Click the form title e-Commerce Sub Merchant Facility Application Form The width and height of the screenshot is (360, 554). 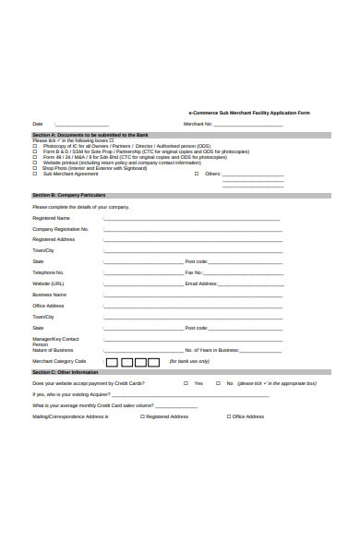(x=249, y=113)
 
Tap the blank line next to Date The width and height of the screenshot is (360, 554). (x=82, y=125)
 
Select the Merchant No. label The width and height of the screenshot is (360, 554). (x=198, y=124)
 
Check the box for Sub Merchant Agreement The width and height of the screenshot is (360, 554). (x=35, y=174)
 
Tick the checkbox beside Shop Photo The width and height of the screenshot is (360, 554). (x=35, y=168)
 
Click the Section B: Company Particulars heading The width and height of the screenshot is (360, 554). (x=69, y=196)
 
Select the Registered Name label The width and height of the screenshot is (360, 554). (x=50, y=218)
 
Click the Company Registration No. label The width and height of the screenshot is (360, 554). (x=60, y=229)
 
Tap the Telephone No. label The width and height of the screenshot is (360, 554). (x=48, y=272)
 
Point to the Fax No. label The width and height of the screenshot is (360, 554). (x=194, y=272)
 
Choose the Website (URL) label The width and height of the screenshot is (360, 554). (x=49, y=283)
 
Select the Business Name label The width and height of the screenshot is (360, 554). (x=49, y=295)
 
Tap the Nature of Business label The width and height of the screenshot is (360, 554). (x=53, y=350)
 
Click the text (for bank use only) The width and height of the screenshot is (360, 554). (x=189, y=361)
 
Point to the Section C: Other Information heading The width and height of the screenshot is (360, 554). (x=66, y=371)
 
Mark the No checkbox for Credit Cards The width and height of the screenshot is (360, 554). (x=219, y=383)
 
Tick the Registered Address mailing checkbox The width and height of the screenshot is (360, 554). (x=141, y=416)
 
